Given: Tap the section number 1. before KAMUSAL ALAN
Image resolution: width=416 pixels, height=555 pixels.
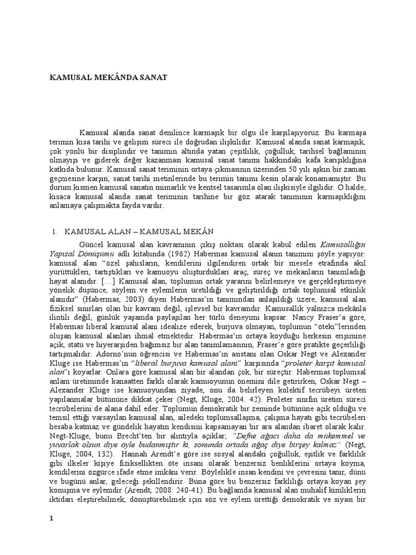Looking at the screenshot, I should (x=55, y=231).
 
